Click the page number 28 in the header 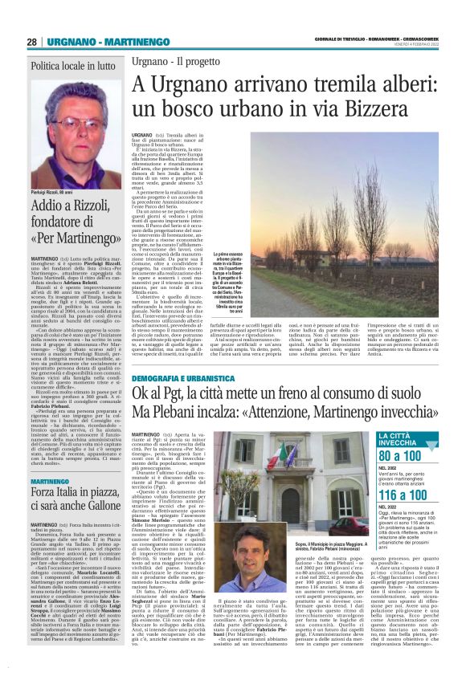click(32, 41)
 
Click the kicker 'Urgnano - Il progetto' click(174, 62)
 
